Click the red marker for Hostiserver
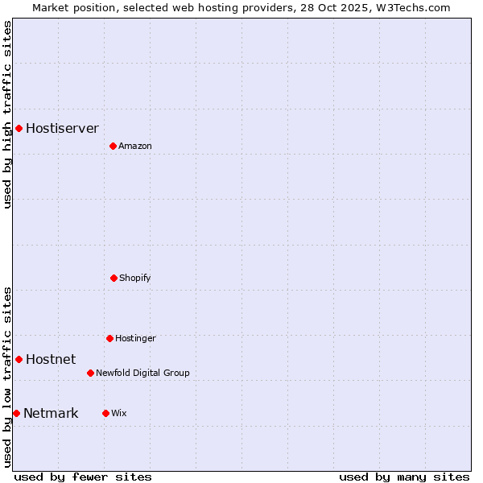coord(19,128)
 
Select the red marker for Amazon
coord(113,146)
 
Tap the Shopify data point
coord(114,278)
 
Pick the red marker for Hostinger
coord(109,338)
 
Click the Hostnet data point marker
coord(19,359)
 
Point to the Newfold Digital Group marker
coord(90,373)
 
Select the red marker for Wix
coord(105,413)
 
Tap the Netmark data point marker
coord(16,413)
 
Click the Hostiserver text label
coord(62,128)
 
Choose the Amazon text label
coord(135,146)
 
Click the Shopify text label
coord(135,278)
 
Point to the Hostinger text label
coord(135,338)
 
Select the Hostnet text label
coord(51,359)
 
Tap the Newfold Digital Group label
coord(142,373)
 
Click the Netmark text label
coord(51,413)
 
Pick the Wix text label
coord(119,413)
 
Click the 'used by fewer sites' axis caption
coord(83,477)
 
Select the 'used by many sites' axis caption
coord(404,477)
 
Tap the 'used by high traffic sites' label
coord(7,114)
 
